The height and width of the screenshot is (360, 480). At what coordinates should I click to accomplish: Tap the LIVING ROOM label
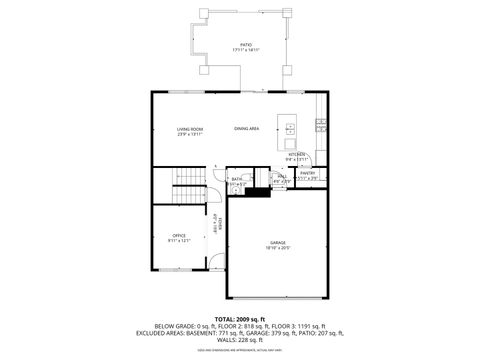coord(190,129)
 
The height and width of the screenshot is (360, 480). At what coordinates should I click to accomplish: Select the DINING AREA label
coord(247,129)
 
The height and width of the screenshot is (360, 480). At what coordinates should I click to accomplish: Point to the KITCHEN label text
coord(297,154)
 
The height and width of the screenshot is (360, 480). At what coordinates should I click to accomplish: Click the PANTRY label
coord(308,173)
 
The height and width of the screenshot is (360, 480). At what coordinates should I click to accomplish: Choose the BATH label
coord(237,179)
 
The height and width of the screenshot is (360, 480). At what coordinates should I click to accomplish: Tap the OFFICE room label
coord(180,235)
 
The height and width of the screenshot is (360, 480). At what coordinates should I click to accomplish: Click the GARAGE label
coord(277,243)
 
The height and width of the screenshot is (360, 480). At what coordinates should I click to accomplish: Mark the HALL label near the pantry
coord(282,176)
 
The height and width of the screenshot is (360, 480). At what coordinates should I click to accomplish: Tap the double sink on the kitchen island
coord(290,129)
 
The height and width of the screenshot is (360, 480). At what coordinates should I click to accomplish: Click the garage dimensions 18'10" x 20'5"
coord(277,248)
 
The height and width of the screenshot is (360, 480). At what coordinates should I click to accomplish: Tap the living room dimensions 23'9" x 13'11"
coord(190,134)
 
